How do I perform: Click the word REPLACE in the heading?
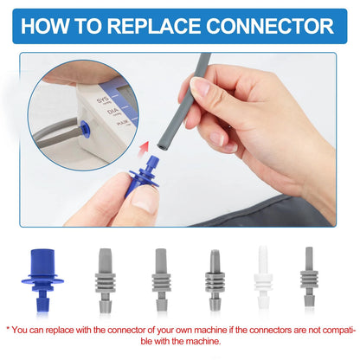coord(154,26)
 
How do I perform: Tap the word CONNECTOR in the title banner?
coord(270,26)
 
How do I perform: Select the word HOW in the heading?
coord(44,26)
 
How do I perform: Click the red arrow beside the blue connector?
coord(144,150)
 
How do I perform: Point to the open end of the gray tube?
coord(161,146)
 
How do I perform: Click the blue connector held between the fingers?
coord(142,177)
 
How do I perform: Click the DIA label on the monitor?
coord(112,112)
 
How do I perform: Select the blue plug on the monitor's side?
coord(85,129)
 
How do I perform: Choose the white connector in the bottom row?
coord(263,277)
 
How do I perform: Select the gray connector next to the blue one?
coord(105,280)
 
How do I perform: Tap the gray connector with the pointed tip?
coord(215,280)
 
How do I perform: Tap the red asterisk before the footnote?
coord(8,329)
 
